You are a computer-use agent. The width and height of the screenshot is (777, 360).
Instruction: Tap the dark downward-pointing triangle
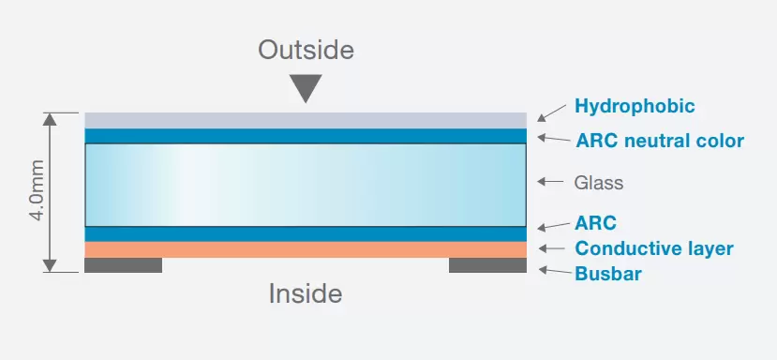(x=305, y=88)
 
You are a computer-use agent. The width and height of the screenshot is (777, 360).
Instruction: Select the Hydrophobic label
(x=635, y=106)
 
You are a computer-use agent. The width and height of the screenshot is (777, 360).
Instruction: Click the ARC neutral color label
(x=659, y=142)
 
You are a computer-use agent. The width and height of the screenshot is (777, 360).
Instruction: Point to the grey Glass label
(x=598, y=183)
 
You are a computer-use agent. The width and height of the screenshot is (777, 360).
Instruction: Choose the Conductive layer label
(x=653, y=248)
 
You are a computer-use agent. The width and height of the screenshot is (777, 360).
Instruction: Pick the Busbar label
(x=608, y=274)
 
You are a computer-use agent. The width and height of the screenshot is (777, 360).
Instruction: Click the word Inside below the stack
(x=306, y=294)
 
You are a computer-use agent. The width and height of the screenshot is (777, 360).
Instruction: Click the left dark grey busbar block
(x=123, y=265)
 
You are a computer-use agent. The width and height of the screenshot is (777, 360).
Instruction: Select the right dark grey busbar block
(x=487, y=265)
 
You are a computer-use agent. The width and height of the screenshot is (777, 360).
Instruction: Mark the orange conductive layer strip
(x=305, y=249)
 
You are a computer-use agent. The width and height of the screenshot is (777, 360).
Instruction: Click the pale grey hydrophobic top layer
(x=305, y=120)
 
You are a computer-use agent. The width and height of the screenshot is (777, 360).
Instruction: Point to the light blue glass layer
(x=305, y=185)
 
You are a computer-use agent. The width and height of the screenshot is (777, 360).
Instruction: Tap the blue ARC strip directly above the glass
(x=305, y=136)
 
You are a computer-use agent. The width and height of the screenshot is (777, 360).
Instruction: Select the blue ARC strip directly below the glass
(x=305, y=233)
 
